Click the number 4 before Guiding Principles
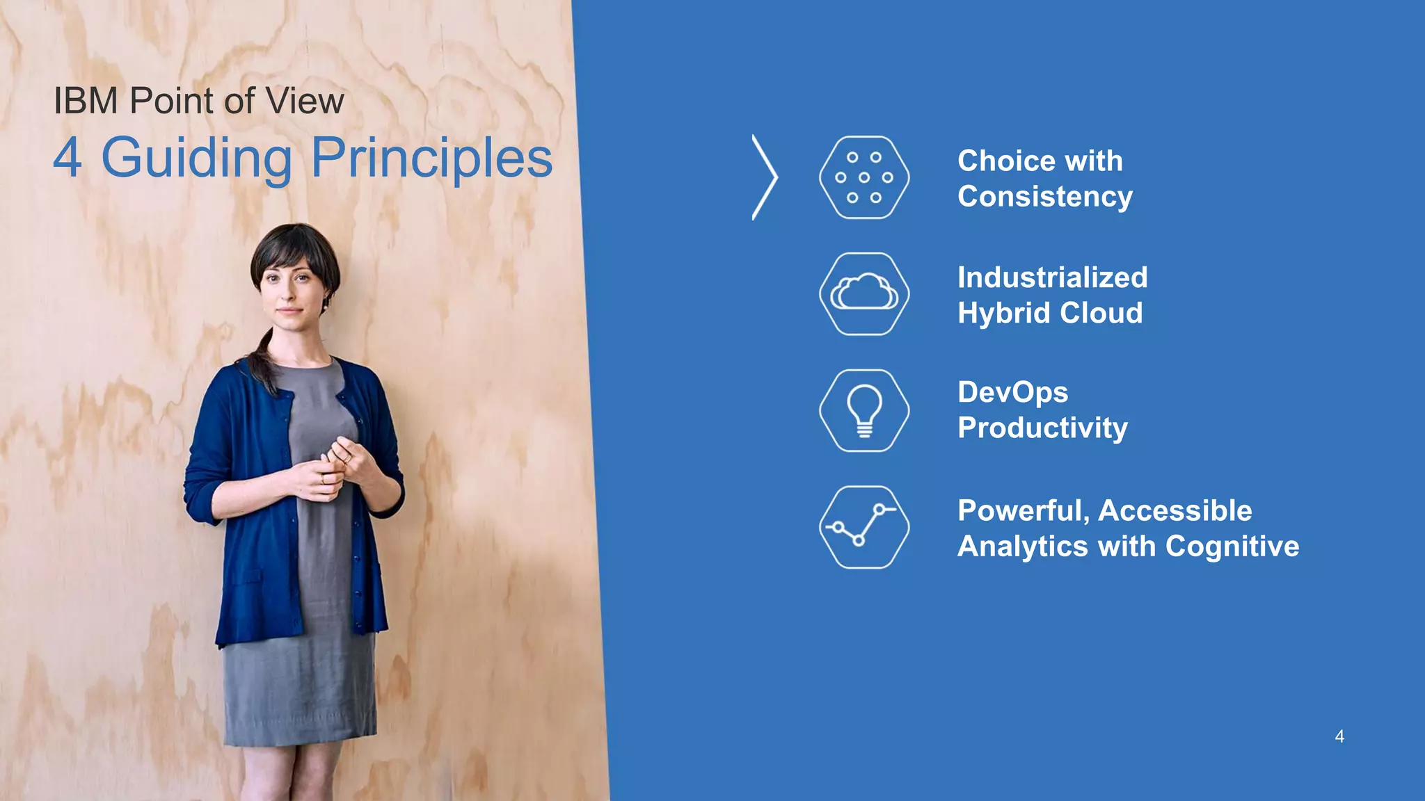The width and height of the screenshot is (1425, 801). click(x=67, y=159)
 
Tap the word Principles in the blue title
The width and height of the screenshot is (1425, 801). click(x=431, y=159)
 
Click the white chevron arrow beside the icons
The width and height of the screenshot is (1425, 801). click(x=765, y=177)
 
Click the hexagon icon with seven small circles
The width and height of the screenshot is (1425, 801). click(x=863, y=177)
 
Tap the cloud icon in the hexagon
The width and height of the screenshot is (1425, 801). click(x=863, y=293)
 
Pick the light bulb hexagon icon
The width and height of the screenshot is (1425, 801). click(x=863, y=410)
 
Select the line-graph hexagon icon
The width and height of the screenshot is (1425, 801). click(x=863, y=527)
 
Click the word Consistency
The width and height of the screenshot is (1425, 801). click(x=1044, y=197)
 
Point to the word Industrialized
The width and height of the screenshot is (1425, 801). click(x=1052, y=277)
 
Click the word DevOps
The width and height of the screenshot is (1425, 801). click(x=1012, y=393)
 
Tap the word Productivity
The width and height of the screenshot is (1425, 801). click(x=1042, y=428)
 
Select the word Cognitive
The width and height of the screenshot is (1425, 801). click(x=1232, y=547)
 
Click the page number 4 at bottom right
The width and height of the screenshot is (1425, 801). click(x=1339, y=737)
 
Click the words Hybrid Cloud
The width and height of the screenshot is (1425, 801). click(x=1049, y=313)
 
